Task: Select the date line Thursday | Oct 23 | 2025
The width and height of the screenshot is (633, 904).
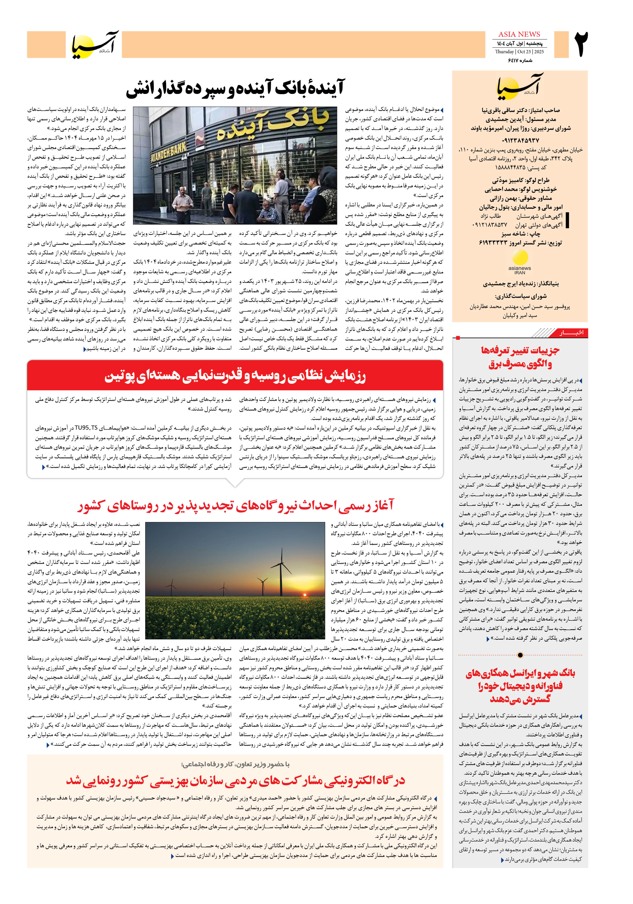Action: (519, 52)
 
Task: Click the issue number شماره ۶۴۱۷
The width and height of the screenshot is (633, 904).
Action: (520, 60)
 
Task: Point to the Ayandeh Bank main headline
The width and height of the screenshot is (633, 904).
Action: (235, 88)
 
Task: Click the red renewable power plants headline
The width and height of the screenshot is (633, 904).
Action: (235, 505)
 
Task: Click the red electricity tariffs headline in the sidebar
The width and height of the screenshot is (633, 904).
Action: (520, 357)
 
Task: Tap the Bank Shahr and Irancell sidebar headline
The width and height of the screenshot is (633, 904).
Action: (520, 685)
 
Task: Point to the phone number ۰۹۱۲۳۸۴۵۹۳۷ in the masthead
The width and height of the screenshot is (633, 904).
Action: (520, 140)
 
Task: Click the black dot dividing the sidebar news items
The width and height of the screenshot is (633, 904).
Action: (520, 655)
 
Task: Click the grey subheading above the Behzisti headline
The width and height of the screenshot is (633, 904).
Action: (235, 764)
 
